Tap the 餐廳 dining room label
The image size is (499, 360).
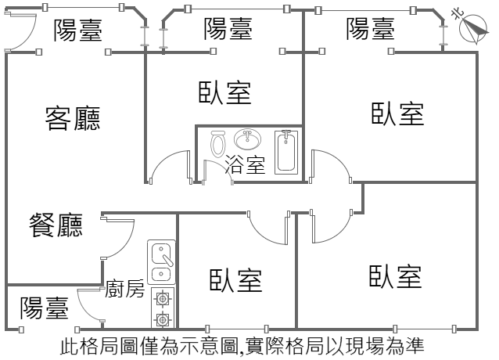[56, 225]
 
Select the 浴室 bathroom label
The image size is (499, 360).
[245, 164]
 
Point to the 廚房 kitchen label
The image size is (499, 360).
[124, 290]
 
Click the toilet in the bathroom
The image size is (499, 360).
[218, 143]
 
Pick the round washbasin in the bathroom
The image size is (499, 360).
[248, 140]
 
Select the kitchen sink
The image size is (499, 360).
[161, 262]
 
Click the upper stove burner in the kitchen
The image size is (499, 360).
[163, 297]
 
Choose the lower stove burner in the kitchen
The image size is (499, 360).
[163, 319]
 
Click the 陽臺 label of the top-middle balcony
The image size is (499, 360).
[228, 31]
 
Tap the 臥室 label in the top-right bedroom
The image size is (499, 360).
[397, 113]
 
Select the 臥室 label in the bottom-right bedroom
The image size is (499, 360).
[396, 276]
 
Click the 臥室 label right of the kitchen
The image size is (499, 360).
[235, 280]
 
